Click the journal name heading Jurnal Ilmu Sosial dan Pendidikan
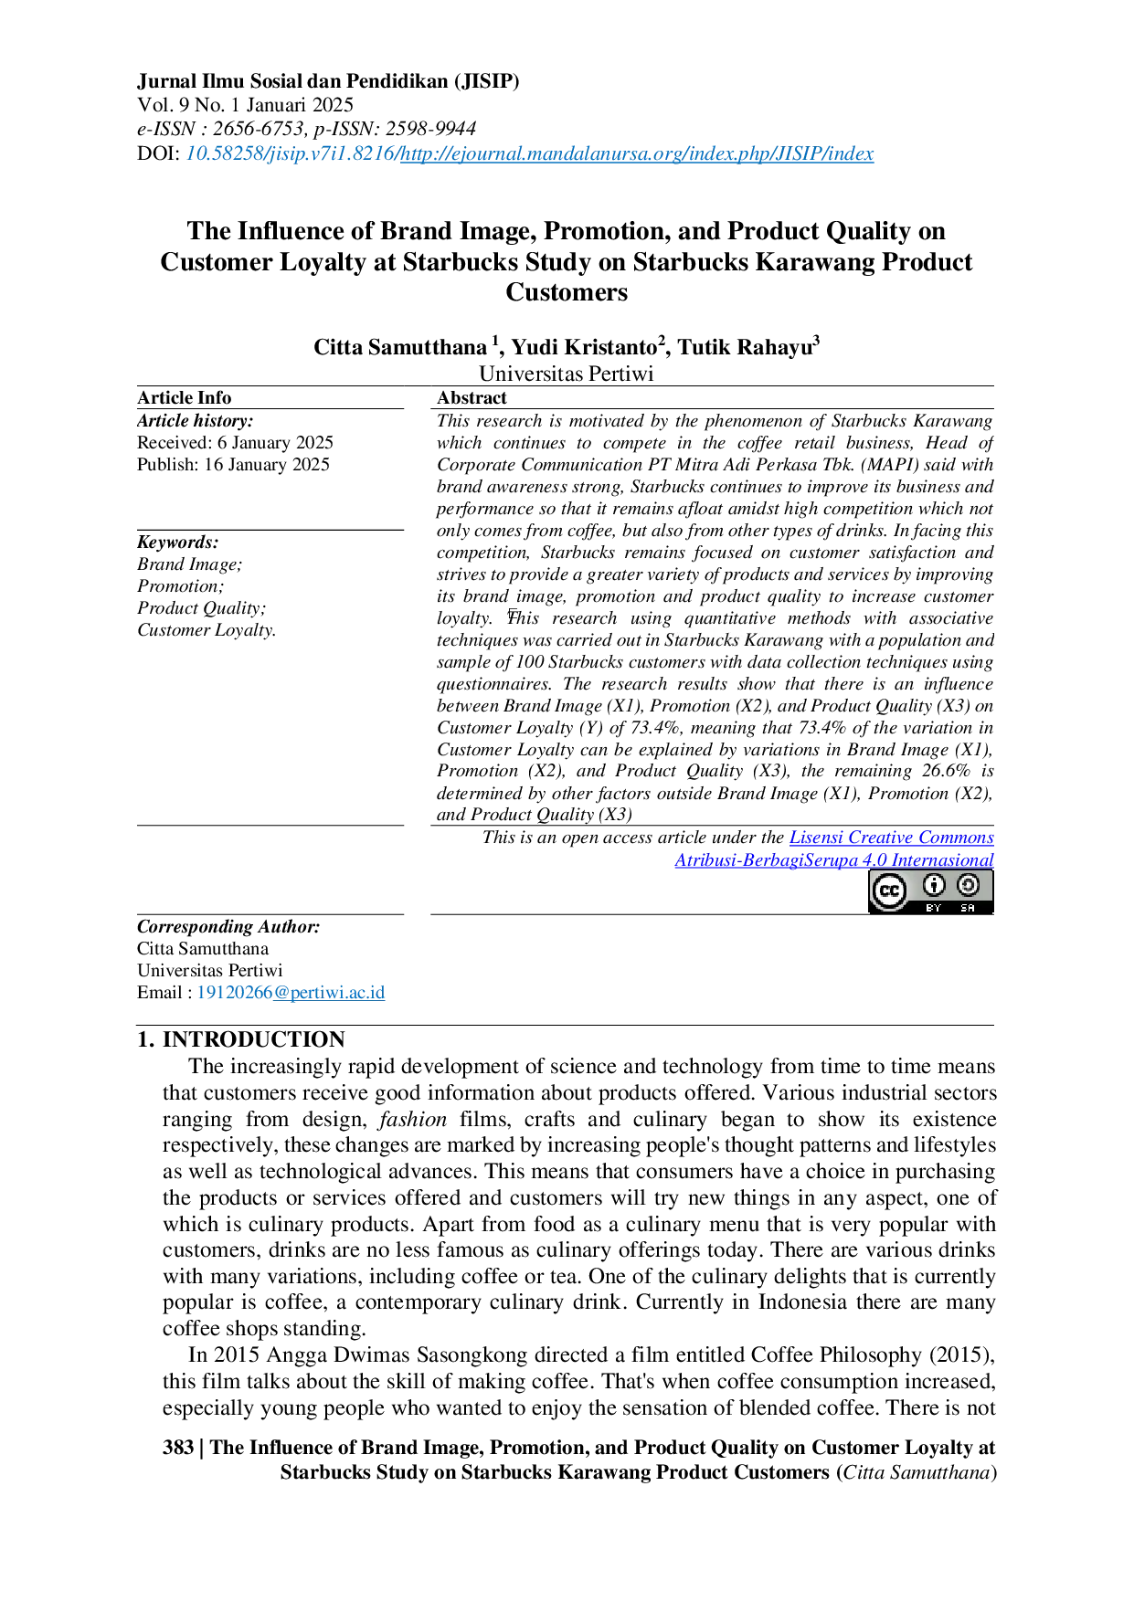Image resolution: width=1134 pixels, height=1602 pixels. (x=328, y=81)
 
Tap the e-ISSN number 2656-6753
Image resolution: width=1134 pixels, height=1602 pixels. (x=258, y=129)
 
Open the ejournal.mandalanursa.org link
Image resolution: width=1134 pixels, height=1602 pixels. (x=637, y=153)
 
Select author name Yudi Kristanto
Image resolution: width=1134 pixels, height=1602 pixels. (x=584, y=347)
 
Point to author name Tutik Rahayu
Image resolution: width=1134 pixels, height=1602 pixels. (x=745, y=347)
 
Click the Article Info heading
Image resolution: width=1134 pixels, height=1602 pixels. (x=184, y=397)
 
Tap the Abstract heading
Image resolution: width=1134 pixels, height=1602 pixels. (x=472, y=397)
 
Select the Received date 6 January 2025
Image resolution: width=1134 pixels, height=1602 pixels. (x=275, y=442)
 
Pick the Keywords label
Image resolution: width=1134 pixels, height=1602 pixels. (x=178, y=542)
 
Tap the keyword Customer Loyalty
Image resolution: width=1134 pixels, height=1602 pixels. (x=207, y=630)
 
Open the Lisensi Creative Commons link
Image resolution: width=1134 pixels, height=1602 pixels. (x=892, y=838)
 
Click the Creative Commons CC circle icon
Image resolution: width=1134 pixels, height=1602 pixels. (x=889, y=891)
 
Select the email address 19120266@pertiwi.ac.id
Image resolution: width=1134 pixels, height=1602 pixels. (x=291, y=992)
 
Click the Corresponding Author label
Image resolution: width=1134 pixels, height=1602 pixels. (x=228, y=926)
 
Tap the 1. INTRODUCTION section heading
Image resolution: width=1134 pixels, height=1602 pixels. (x=240, y=1039)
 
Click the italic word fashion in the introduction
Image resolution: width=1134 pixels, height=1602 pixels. (x=413, y=1119)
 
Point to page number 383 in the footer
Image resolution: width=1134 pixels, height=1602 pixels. (x=178, y=1447)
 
